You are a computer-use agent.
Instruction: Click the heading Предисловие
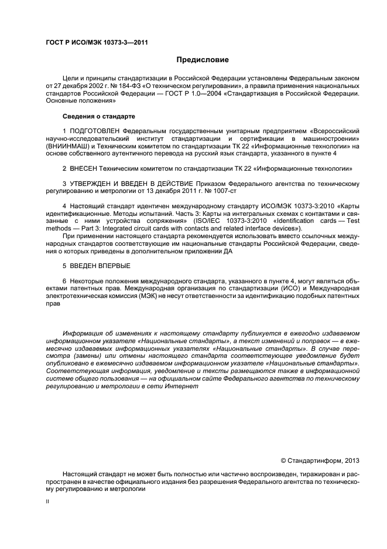(203, 60)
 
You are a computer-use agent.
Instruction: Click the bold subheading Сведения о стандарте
(96, 116)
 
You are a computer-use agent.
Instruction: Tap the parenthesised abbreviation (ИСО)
(248, 289)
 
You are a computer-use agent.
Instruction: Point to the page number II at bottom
(48, 502)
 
